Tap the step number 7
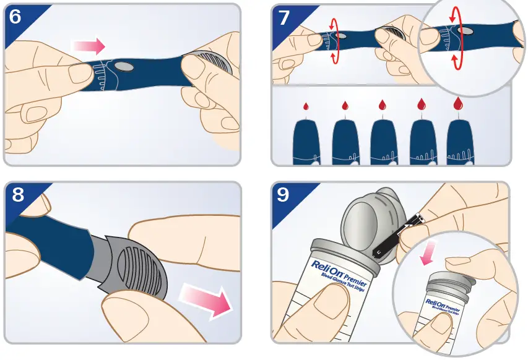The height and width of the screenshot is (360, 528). (x=284, y=17)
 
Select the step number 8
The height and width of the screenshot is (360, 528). (x=18, y=194)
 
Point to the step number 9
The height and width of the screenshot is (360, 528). (x=283, y=194)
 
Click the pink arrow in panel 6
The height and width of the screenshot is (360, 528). (x=88, y=46)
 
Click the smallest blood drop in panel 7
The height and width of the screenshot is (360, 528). (x=306, y=106)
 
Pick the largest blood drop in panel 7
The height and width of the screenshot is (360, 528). (x=459, y=103)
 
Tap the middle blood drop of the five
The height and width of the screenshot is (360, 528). (x=383, y=105)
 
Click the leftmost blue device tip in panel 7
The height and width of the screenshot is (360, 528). (x=306, y=143)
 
